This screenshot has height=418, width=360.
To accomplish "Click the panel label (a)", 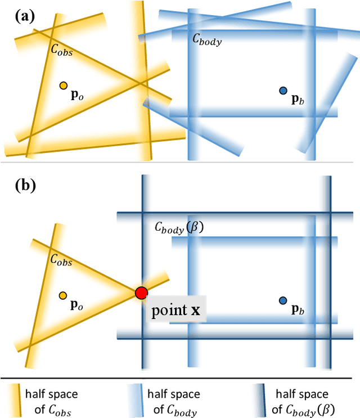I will (x=25, y=16).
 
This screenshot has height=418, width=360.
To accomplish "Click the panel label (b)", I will (x=25, y=185).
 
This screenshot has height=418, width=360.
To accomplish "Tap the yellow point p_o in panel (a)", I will (x=64, y=86).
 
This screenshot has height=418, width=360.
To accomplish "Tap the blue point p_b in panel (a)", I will (x=283, y=91).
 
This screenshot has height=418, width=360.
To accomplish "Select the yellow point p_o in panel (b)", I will (x=62, y=295).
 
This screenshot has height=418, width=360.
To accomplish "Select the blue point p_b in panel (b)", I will (x=283, y=301).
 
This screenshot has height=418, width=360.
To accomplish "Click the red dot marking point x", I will (x=141, y=293).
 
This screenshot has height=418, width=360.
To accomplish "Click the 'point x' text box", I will (x=177, y=309).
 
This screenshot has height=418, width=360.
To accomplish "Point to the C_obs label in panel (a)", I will (x=62, y=50).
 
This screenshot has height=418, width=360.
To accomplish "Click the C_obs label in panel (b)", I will (x=62, y=260).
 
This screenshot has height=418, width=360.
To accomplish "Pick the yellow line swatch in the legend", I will (x=21, y=400).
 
